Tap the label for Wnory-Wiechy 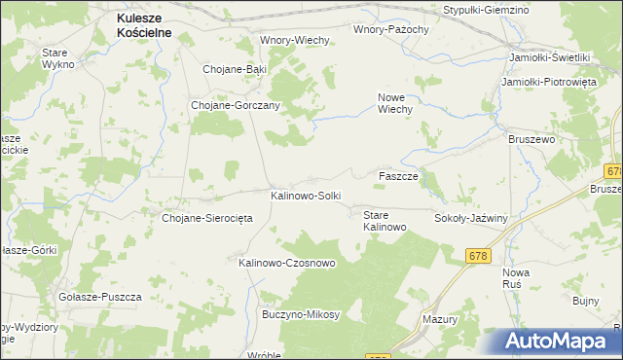click(x=296, y=40)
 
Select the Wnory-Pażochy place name click(x=391, y=29)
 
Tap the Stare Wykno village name click(x=58, y=57)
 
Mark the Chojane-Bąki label click(x=234, y=69)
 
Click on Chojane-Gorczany click(x=237, y=105)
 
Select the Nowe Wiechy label click(x=396, y=103)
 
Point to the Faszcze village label click(x=398, y=176)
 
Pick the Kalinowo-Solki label click(x=306, y=196)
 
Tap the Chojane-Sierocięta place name click(x=207, y=218)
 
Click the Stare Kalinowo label click(x=385, y=220)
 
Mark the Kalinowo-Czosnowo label click(x=287, y=263)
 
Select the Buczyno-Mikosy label click(x=301, y=314)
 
